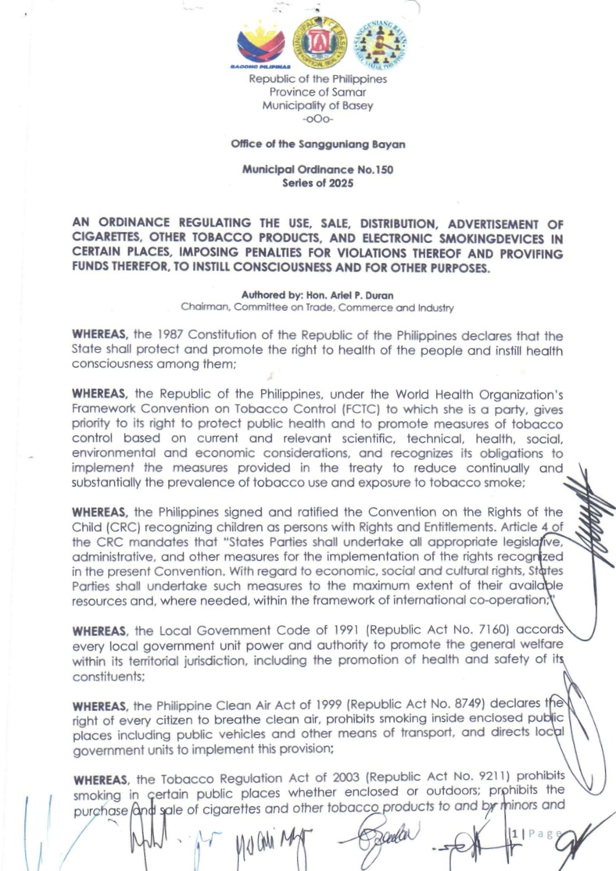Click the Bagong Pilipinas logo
[x=261, y=47]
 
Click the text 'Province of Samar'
[x=317, y=92]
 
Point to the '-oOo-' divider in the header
[x=317, y=119]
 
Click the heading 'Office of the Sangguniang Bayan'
[x=317, y=145]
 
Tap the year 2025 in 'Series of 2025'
[x=339, y=184]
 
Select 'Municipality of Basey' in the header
[x=317, y=105]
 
